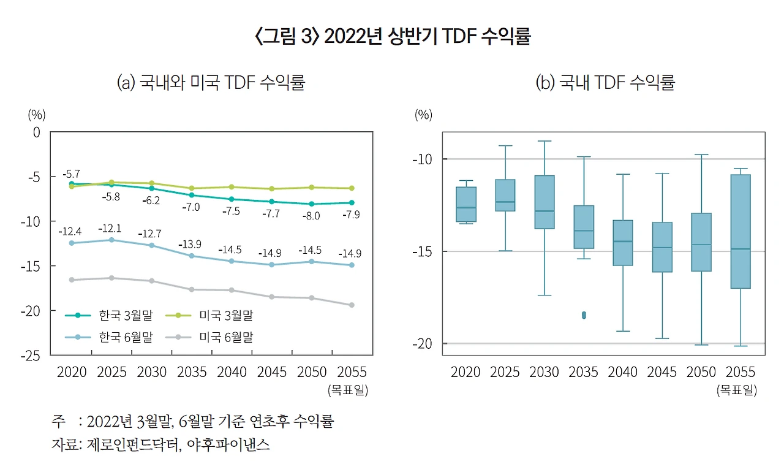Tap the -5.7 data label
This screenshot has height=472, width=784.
[71, 173]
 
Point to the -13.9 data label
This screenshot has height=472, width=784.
[190, 245]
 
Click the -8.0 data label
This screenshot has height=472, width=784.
[311, 216]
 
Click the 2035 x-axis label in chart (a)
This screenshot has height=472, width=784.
[191, 372]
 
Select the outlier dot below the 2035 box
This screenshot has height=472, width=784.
[584, 315]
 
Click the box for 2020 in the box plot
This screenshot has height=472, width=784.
[466, 204]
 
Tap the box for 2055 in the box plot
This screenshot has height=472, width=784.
[741, 231]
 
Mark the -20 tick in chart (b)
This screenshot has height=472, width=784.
[423, 343]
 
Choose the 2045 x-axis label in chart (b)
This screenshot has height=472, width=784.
[662, 372]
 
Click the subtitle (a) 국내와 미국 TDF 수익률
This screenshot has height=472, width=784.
[210, 83]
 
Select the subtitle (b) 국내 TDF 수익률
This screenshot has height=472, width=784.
[605, 83]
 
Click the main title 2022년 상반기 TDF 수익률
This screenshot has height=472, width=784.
[392, 37]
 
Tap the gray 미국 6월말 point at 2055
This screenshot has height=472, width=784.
[352, 305]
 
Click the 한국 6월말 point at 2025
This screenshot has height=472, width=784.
[111, 240]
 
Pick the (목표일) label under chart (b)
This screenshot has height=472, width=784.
[736, 390]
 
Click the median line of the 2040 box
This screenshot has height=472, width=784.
[623, 242]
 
